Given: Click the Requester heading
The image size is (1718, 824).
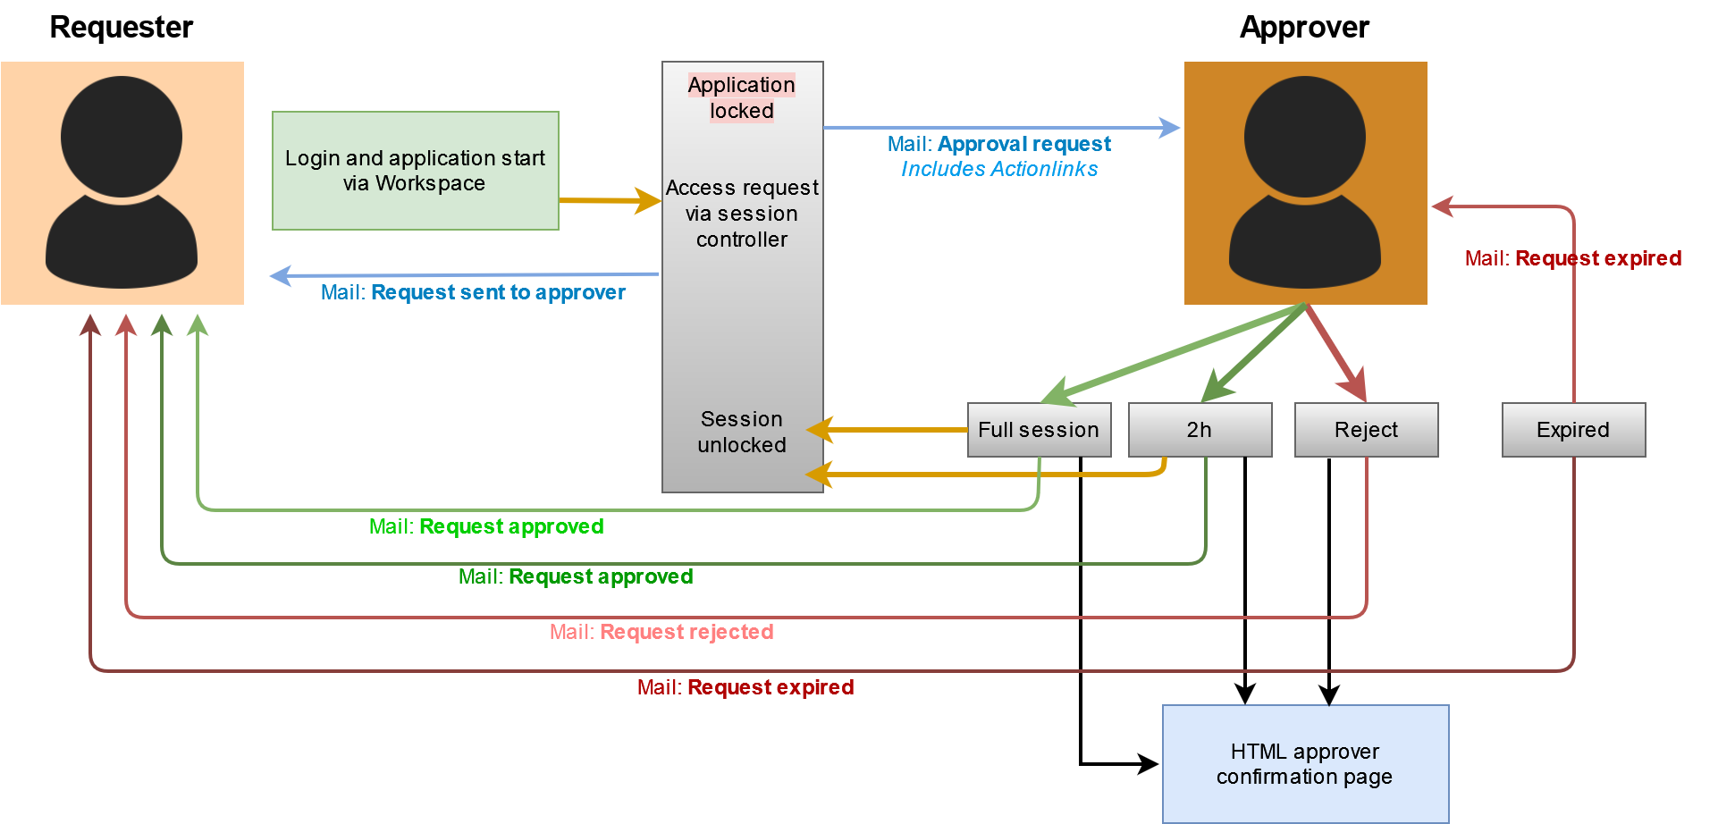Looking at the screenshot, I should (x=122, y=28).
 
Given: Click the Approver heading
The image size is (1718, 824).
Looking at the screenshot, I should (x=1304, y=28).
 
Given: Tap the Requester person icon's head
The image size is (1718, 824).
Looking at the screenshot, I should (x=122, y=136).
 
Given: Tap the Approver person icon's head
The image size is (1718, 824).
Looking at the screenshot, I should (x=1304, y=136).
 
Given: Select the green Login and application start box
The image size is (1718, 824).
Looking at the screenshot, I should (x=415, y=171).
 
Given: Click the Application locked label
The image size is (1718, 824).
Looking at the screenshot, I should (x=742, y=97).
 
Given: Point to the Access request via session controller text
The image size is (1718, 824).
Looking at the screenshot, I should (x=742, y=214).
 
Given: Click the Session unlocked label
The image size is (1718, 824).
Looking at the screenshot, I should (x=742, y=432).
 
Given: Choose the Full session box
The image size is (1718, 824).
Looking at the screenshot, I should (x=1039, y=430).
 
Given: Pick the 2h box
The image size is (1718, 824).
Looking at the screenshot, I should (x=1200, y=430).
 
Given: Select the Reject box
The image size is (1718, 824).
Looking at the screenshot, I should (x=1366, y=430).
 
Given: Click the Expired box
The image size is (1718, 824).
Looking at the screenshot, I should (x=1573, y=430).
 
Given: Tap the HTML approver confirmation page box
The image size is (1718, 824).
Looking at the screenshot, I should (x=1305, y=764).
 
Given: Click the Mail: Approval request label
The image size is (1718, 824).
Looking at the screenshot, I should (x=999, y=144).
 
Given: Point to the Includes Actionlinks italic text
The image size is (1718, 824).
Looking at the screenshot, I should (x=999, y=169).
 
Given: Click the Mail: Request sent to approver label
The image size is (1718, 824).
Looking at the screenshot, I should (x=473, y=292).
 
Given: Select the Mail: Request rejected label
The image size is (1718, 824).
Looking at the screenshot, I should (x=661, y=632).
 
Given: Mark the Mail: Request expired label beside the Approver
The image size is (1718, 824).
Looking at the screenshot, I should (x=1573, y=258).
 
